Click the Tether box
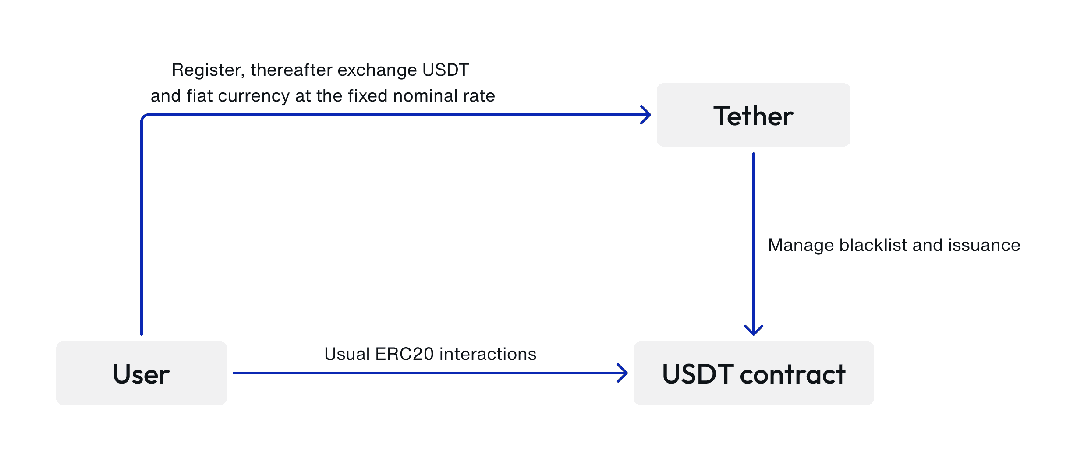[x=753, y=115]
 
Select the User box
[x=142, y=373]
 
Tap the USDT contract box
[x=754, y=373]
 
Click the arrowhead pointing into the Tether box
[x=646, y=115]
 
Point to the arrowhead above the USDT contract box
[x=754, y=330]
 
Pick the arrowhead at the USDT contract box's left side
[x=623, y=373]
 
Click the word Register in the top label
[x=208, y=70]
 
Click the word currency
[x=254, y=96]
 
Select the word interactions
[x=488, y=354]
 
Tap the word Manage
[x=801, y=246]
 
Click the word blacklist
[x=873, y=245]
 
